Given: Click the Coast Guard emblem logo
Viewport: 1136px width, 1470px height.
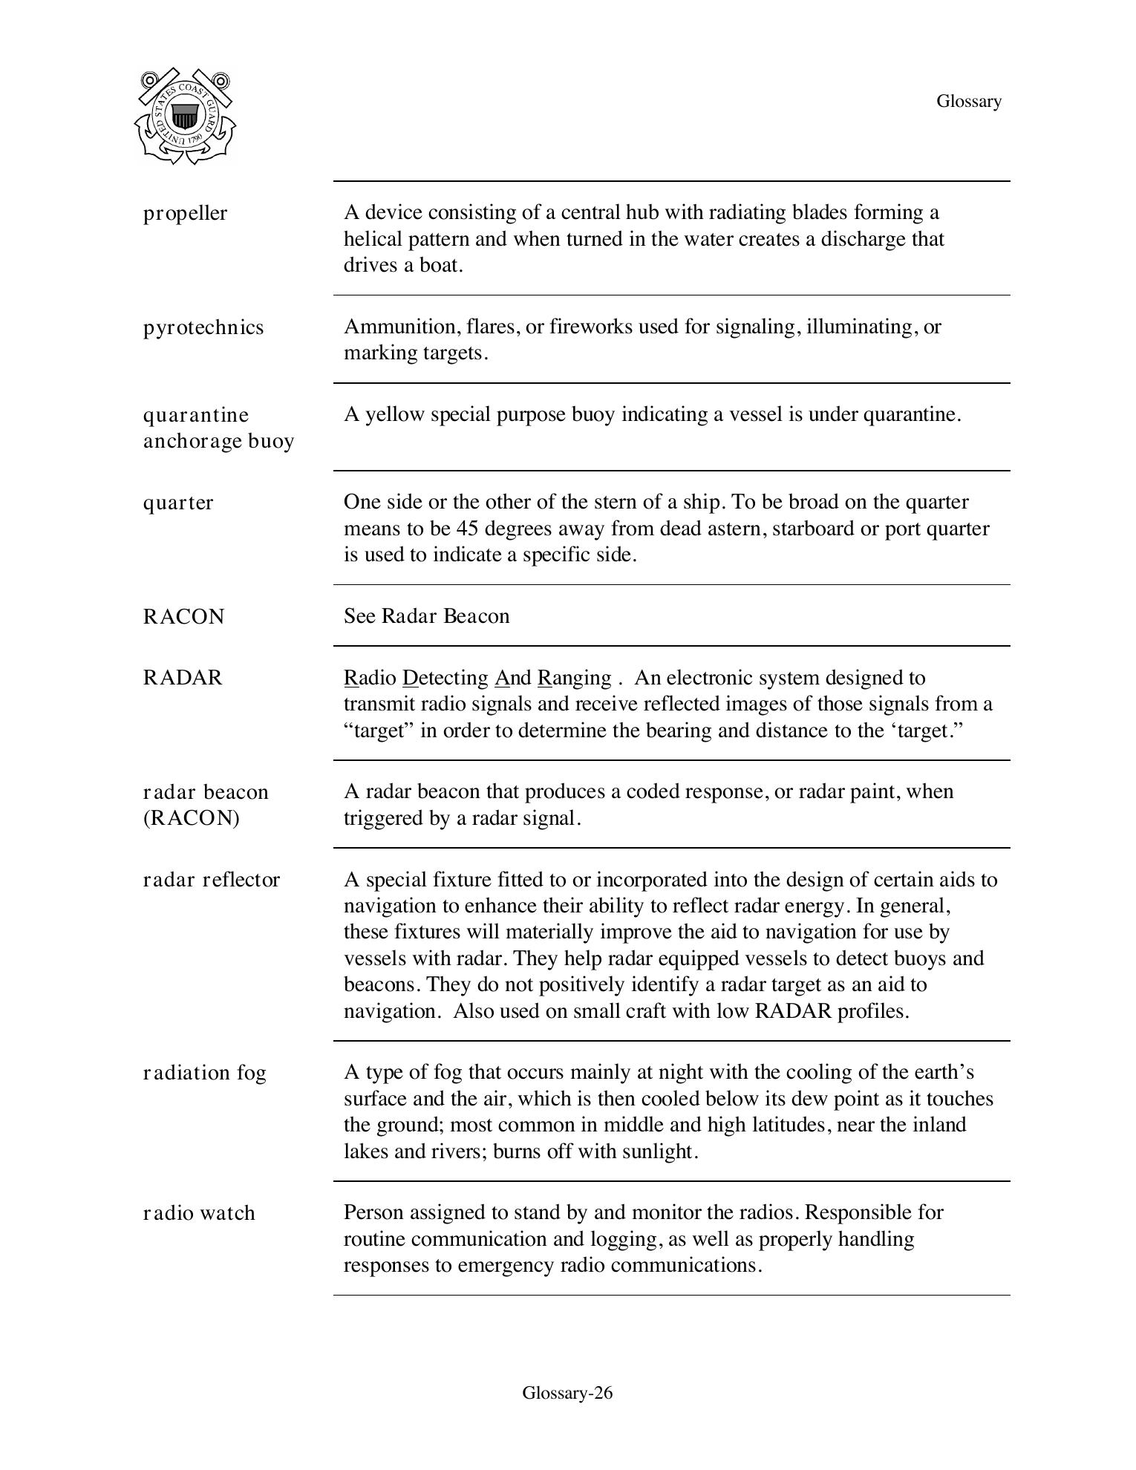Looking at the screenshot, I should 185,117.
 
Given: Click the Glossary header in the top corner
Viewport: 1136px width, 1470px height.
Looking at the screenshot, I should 968,101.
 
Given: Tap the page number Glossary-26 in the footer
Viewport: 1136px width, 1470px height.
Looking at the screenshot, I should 567,1392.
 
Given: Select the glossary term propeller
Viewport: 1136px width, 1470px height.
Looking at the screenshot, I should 185,213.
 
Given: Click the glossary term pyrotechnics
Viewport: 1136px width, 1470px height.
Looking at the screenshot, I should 203,327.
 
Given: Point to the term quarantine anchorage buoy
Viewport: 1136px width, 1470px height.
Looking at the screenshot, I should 218,428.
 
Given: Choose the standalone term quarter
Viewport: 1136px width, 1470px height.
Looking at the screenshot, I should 178,503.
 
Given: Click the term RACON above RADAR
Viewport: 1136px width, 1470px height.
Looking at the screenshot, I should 183,617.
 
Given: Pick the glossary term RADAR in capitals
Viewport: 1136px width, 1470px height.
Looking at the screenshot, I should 183,678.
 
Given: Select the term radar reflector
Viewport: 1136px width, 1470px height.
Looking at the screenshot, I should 212,880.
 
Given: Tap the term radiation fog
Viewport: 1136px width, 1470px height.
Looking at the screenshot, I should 204,1073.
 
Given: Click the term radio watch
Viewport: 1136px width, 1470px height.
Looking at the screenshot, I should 199,1213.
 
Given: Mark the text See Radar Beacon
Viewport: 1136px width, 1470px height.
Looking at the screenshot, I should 426,616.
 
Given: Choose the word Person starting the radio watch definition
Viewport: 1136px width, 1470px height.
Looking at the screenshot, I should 373,1212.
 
